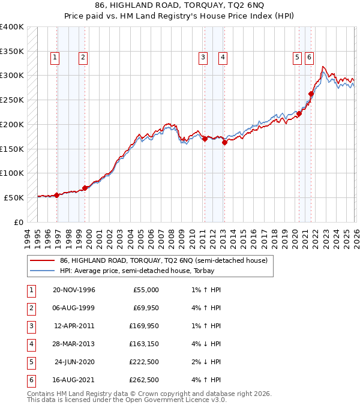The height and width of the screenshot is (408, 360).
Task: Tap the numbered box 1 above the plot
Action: click(55, 58)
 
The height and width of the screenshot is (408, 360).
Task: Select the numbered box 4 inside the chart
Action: click(223, 58)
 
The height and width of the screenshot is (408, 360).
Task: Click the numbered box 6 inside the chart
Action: click(309, 58)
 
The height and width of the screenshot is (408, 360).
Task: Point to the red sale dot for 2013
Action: click(224, 143)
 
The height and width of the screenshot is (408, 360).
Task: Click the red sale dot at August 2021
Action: click(311, 94)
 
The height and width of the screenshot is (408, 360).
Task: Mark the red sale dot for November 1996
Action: click(56, 195)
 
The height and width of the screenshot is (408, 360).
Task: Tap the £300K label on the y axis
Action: click(12, 76)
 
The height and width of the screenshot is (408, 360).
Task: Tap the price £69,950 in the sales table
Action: click(145, 308)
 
